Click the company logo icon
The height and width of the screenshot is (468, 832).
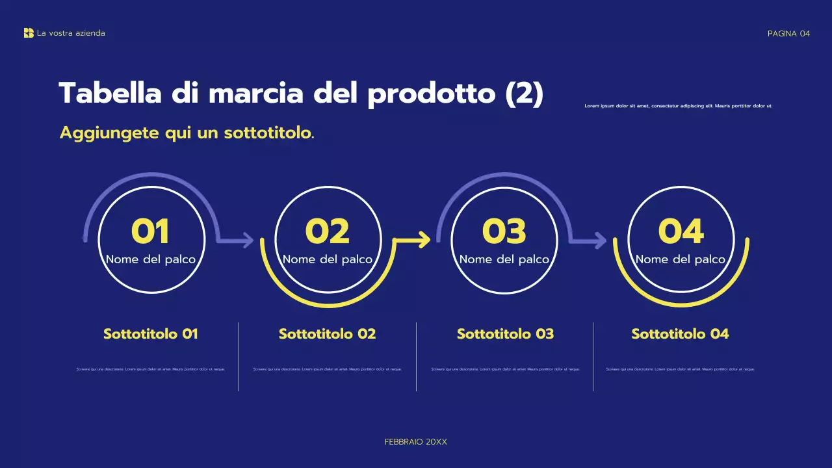[x=29, y=33]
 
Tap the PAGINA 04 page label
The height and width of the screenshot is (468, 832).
[x=788, y=34]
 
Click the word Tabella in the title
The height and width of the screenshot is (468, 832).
[x=110, y=94]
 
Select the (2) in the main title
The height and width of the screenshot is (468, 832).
[x=524, y=94]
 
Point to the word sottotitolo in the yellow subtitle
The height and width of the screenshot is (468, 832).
[x=268, y=133]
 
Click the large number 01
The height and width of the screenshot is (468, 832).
[x=150, y=231]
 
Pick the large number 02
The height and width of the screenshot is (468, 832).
[x=328, y=231]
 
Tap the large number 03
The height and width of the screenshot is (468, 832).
[x=504, y=231]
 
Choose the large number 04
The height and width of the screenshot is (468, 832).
[x=681, y=231]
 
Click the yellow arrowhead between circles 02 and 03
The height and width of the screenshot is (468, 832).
[x=424, y=240]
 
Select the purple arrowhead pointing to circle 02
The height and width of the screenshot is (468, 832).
[x=248, y=240]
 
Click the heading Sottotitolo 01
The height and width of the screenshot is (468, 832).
[x=151, y=334]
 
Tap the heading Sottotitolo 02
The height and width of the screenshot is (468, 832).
[x=328, y=334]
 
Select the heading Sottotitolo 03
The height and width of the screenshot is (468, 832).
[x=505, y=334]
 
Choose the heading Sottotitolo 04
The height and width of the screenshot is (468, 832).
[x=681, y=334]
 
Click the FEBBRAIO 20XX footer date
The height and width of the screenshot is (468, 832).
[x=416, y=442]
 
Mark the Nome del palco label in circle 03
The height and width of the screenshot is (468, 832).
[x=504, y=259]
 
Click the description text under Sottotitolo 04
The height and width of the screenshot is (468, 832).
[x=681, y=369]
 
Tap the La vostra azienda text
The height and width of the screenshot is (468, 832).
[x=71, y=33]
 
